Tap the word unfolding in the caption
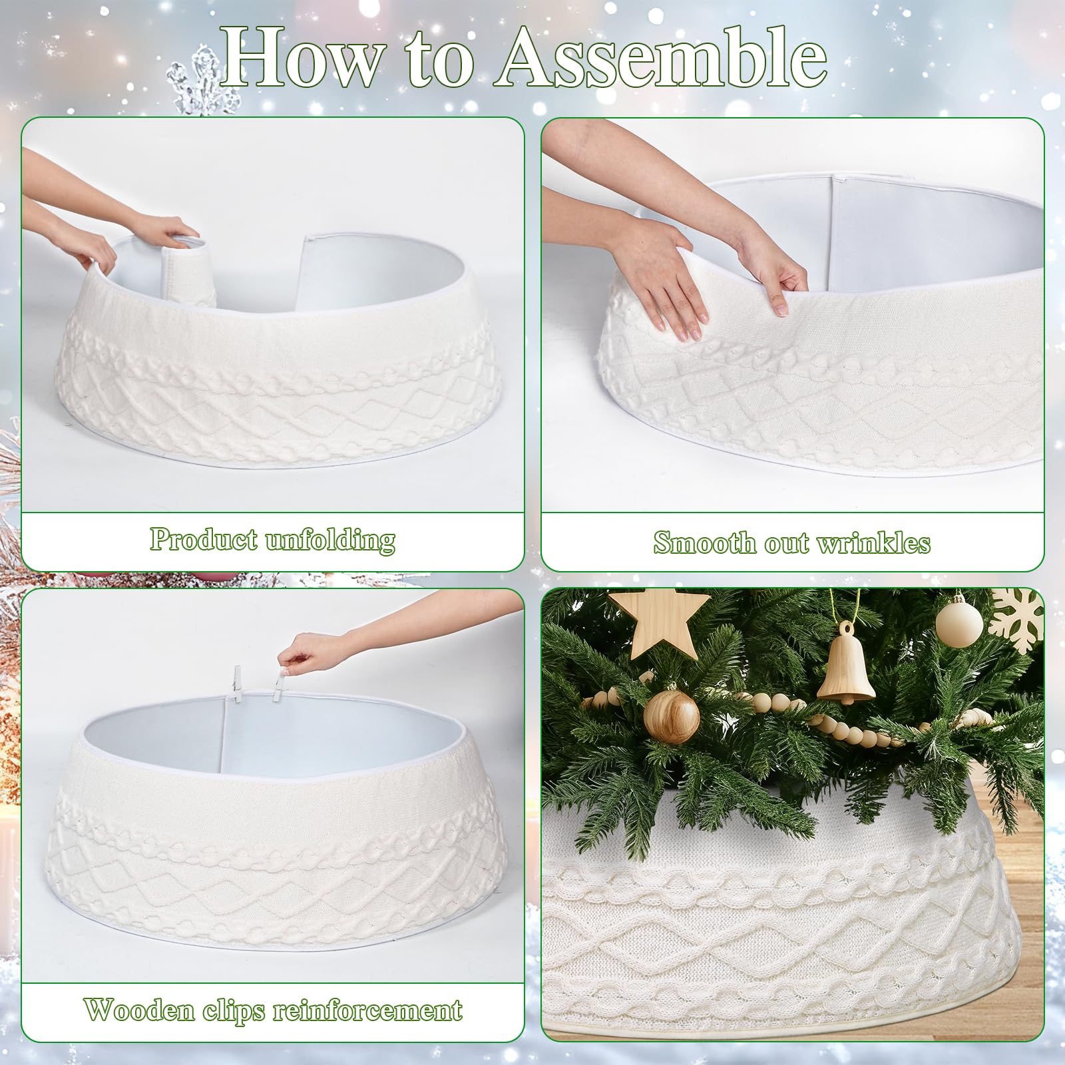(x=330, y=540)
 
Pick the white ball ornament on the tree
(x=959, y=620)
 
